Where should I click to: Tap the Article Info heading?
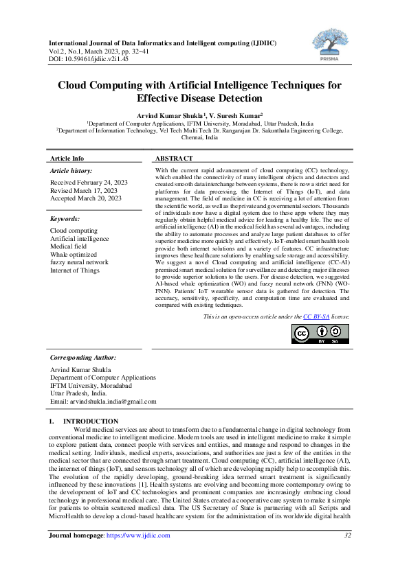[x=67, y=158]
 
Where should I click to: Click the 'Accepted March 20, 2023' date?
[x=86, y=198]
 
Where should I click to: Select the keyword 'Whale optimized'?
[x=74, y=254]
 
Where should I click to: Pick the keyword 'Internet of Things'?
[x=75, y=270]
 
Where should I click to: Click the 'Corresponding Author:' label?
[x=83, y=358]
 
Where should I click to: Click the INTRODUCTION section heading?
[x=90, y=421]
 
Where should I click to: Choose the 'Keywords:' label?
[x=66, y=219]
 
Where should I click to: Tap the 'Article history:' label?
[x=71, y=170]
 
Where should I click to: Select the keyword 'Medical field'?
[x=70, y=246]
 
